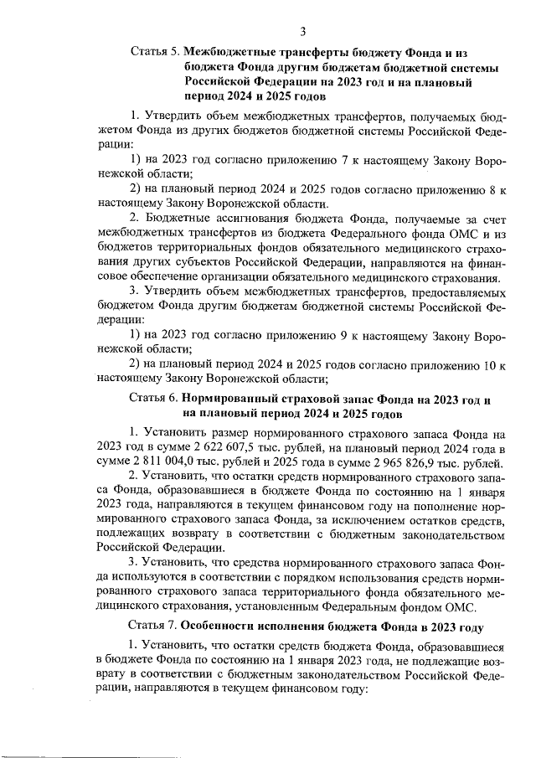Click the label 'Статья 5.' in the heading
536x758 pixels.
[155, 51]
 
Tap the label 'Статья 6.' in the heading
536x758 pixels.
[154, 399]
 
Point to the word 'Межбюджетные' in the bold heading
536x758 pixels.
[229, 51]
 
